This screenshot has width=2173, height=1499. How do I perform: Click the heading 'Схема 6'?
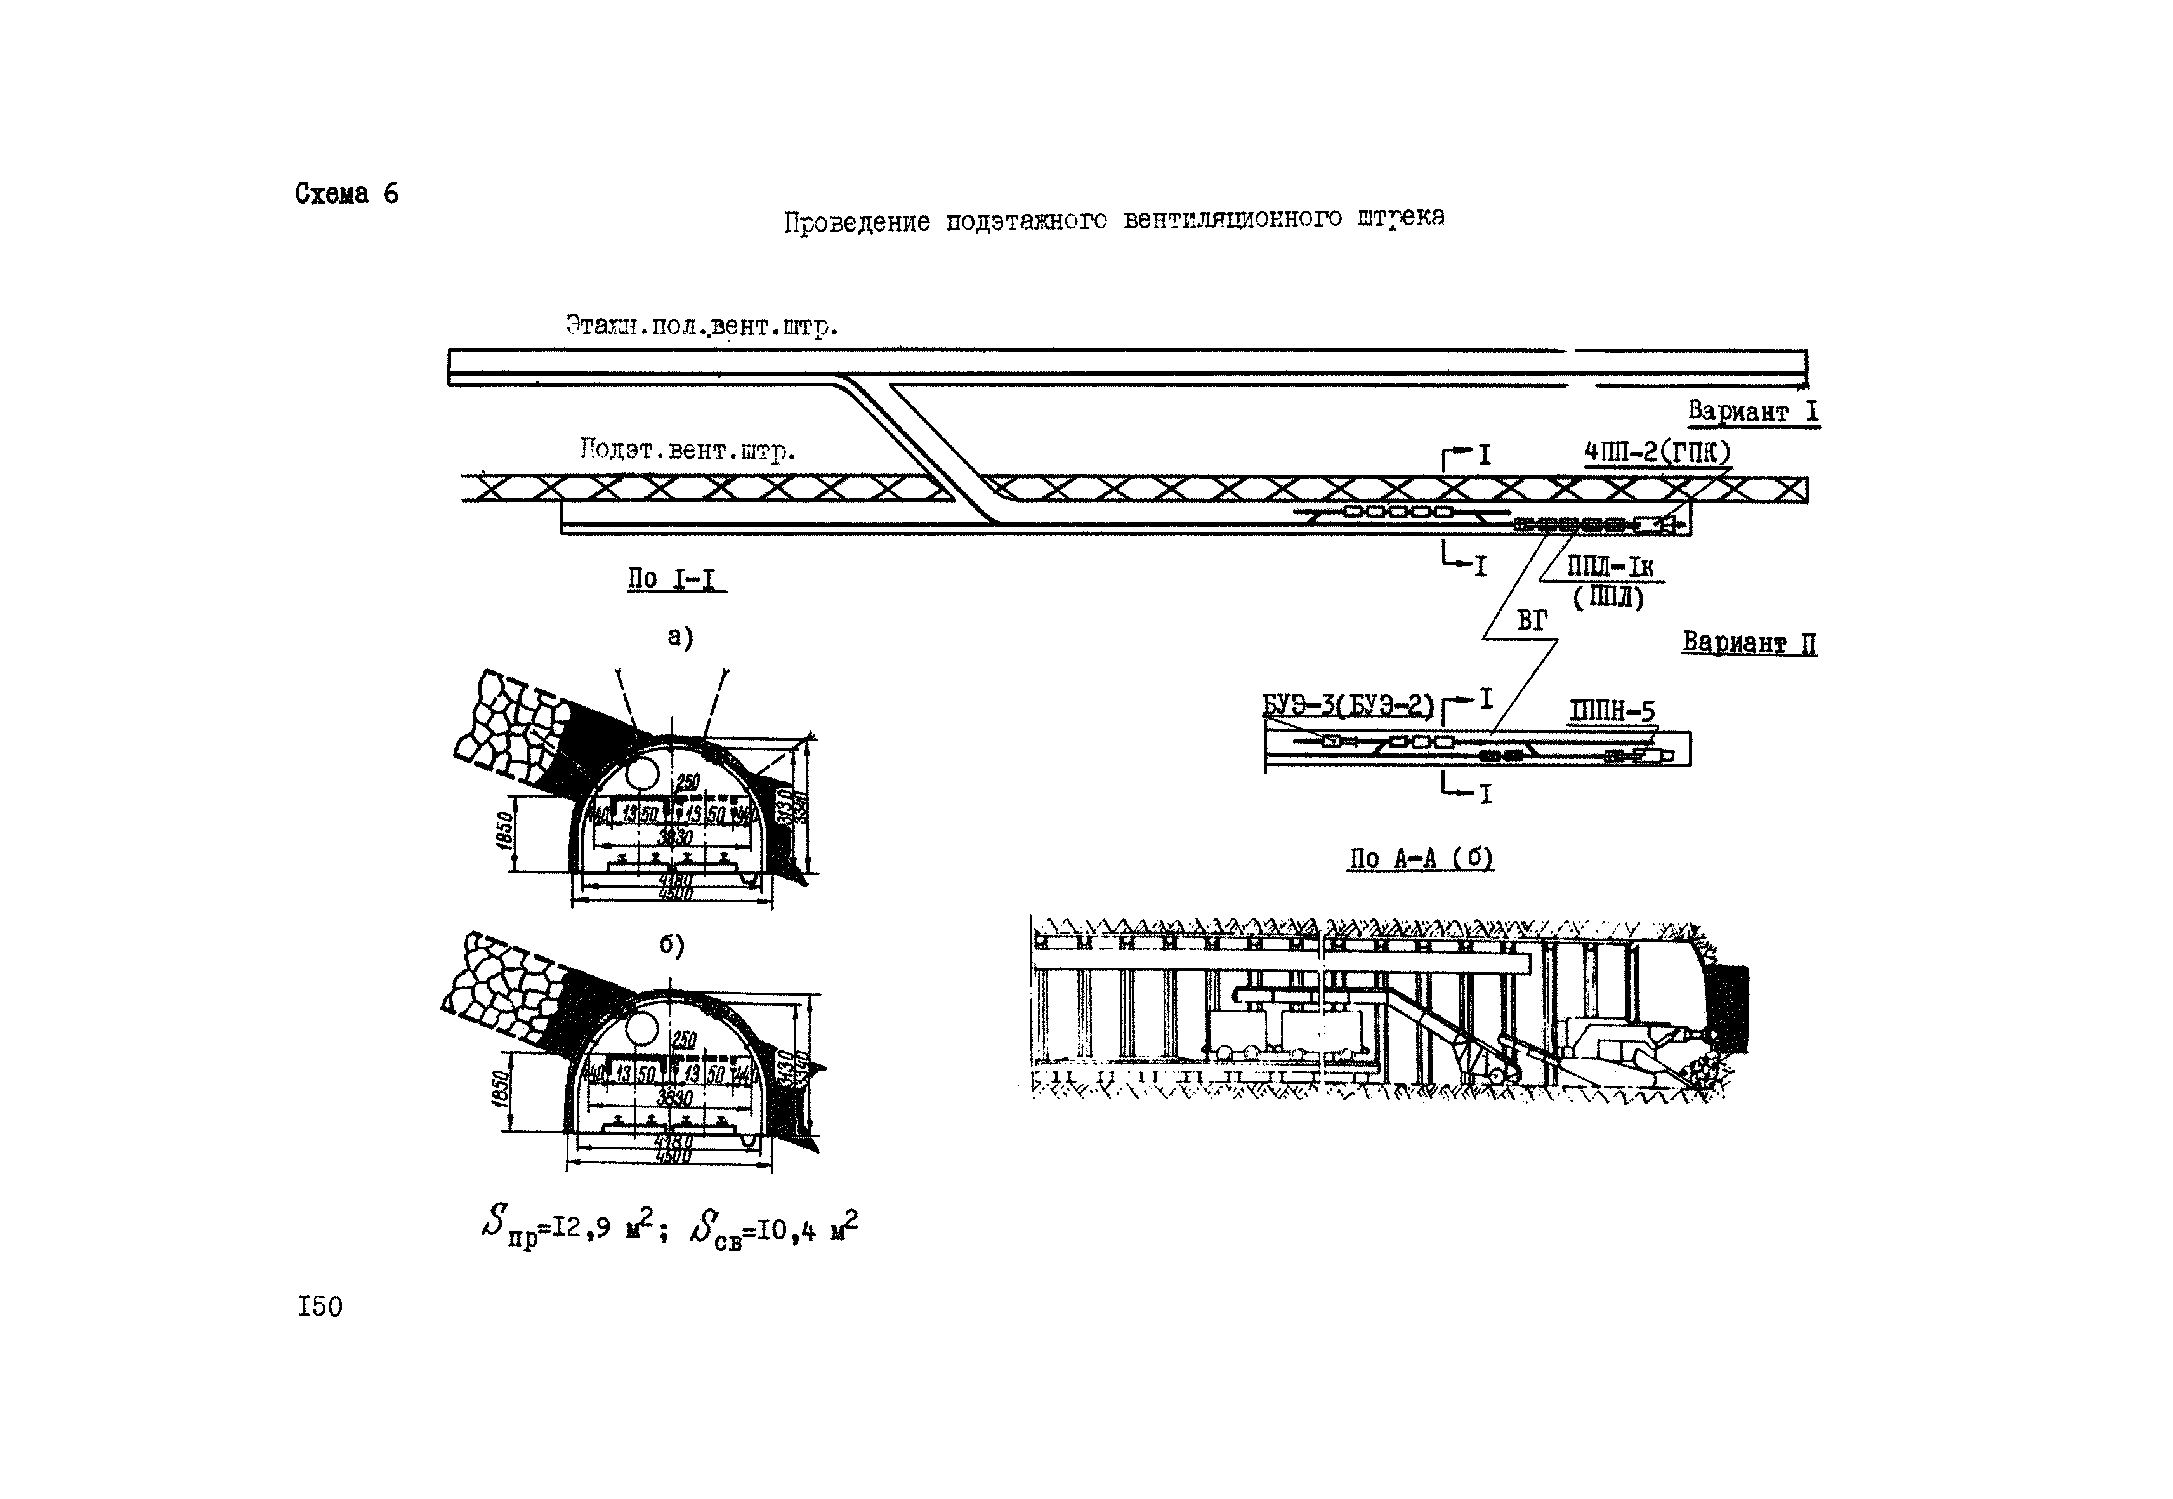346,194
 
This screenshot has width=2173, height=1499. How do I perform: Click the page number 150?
320,1307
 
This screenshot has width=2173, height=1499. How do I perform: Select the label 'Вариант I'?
1752,411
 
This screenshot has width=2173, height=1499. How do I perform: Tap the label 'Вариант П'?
1749,644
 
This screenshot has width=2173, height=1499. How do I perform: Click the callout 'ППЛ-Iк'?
1610,567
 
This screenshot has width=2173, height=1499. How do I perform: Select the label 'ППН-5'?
1612,712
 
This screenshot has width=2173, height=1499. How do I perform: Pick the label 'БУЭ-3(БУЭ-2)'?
1348,705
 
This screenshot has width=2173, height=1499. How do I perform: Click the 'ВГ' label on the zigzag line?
1532,621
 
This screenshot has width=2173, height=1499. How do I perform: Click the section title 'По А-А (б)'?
1421,859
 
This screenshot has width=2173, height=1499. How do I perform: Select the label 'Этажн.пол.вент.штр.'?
702,327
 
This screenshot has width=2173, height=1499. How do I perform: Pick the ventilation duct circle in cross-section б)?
643,1029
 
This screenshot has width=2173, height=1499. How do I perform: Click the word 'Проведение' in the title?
857,223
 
